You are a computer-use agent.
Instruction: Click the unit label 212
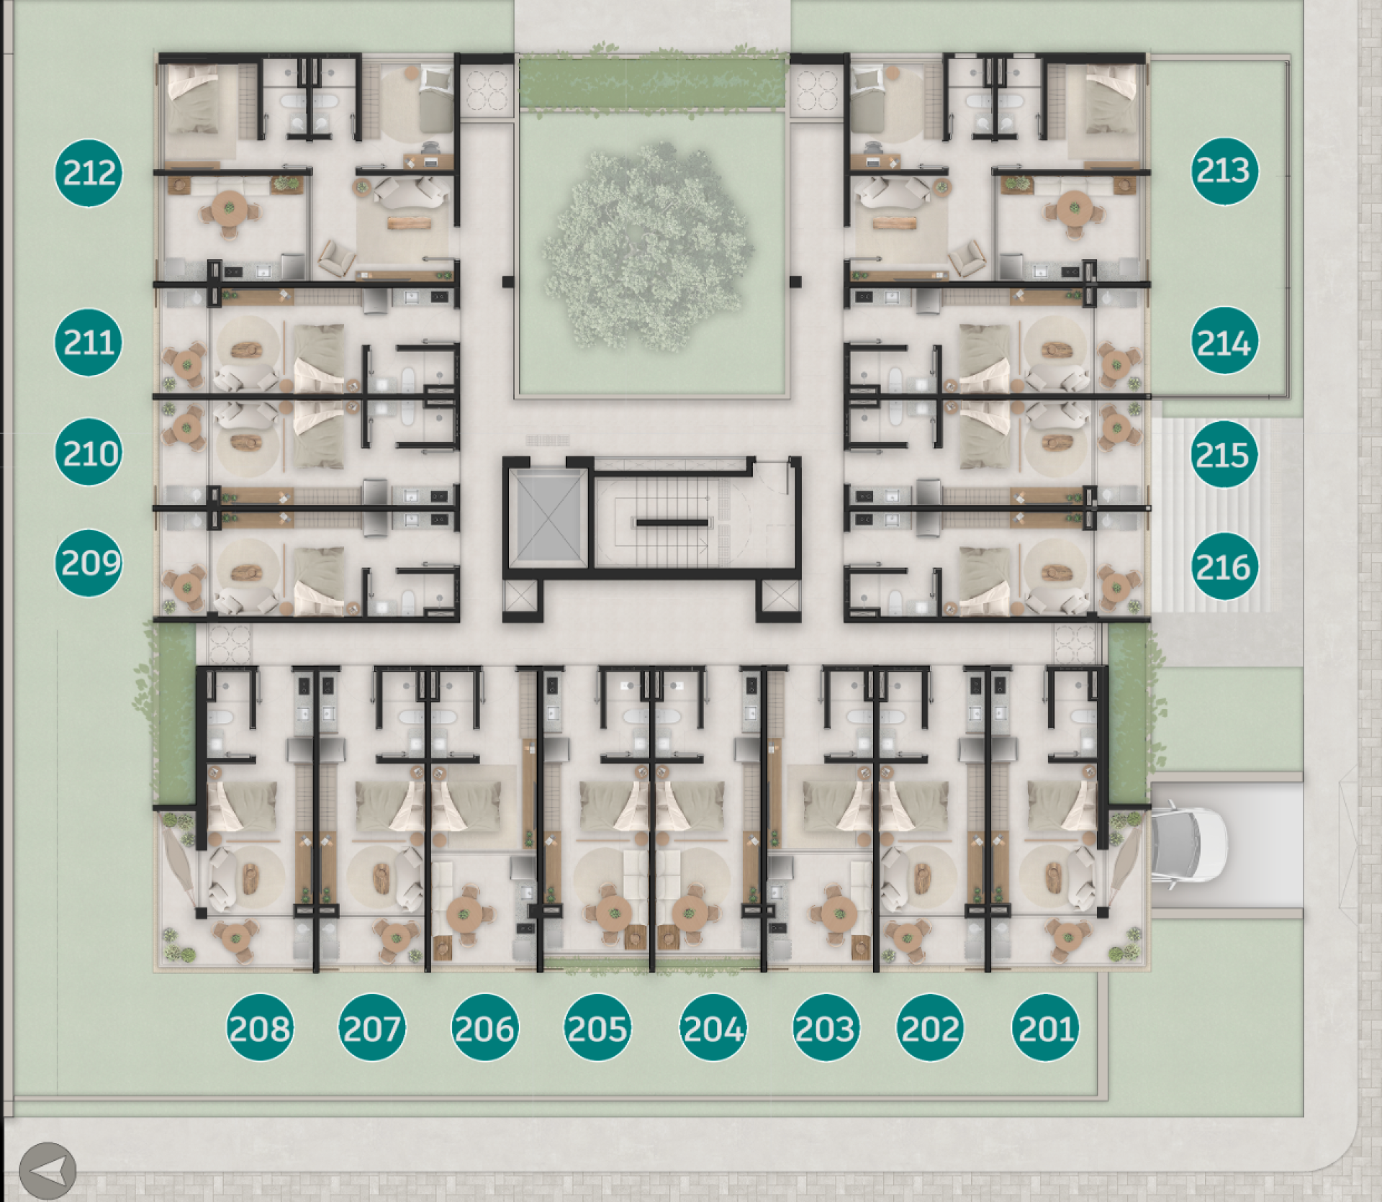click(89, 173)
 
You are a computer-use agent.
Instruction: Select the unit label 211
click(89, 343)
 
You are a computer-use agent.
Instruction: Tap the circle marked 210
click(89, 453)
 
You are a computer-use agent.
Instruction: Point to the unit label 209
click(89, 564)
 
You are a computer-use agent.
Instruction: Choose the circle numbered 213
click(1225, 171)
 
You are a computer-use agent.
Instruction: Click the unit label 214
click(1225, 341)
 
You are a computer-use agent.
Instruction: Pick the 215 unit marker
click(1224, 454)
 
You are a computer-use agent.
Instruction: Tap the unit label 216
click(1224, 566)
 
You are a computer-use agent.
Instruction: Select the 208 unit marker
click(260, 1028)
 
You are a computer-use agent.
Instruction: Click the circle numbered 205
click(597, 1028)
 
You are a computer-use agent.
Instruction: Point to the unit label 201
click(1046, 1028)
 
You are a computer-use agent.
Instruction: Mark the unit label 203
click(826, 1028)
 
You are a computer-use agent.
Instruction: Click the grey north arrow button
click(48, 1171)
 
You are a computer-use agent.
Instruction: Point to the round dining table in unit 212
click(230, 209)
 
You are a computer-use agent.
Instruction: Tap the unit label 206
click(485, 1028)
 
